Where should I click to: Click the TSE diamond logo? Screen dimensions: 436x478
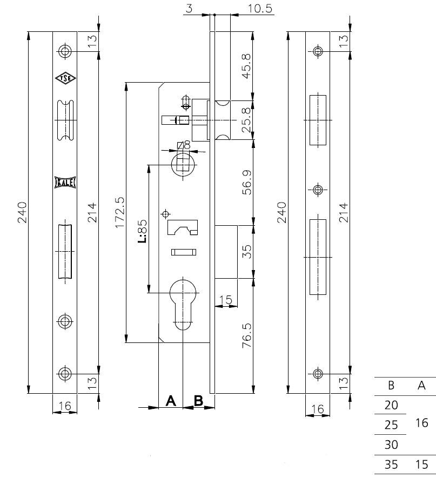[65, 78]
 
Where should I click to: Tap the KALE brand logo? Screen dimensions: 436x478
[65, 183]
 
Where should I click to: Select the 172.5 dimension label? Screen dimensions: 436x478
[120, 212]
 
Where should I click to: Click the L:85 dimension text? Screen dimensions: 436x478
[142, 231]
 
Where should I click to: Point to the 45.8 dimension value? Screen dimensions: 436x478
[246, 66]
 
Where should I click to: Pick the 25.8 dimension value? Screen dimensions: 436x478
[246, 120]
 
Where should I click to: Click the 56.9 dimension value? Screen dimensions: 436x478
[247, 183]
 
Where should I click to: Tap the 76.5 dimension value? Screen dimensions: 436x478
[247, 335]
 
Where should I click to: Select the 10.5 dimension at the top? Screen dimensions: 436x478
[260, 8]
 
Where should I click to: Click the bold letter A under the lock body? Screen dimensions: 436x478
[171, 401]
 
